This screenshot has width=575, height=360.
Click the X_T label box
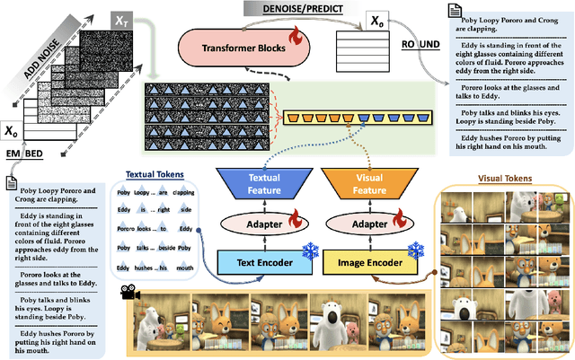pos(120,18)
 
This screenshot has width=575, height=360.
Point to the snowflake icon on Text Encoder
pos(311,252)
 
